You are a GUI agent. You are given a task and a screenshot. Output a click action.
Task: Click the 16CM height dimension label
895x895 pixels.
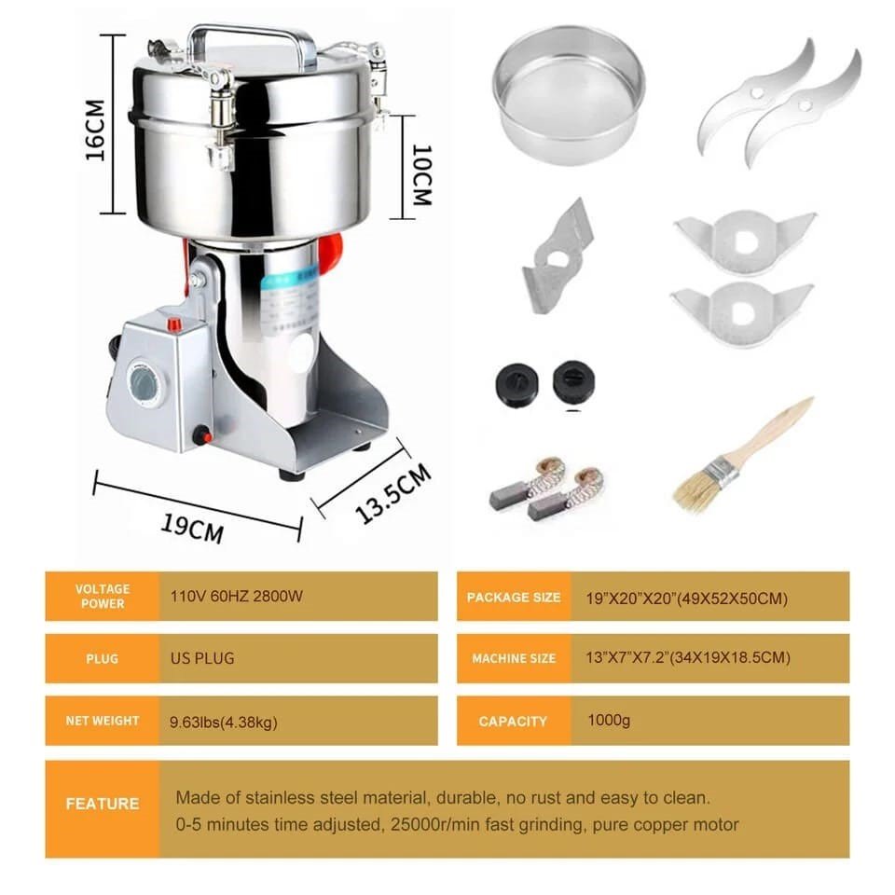pyautogui.click(x=95, y=131)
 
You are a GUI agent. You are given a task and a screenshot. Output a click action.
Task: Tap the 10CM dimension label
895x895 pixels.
pyautogui.click(x=421, y=174)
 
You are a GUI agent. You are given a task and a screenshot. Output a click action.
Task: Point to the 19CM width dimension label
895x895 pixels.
pyautogui.click(x=192, y=528)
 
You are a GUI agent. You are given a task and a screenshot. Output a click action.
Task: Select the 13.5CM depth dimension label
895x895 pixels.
pyautogui.click(x=393, y=493)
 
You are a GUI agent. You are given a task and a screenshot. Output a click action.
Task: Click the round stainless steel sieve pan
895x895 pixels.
pyautogui.click(x=569, y=95)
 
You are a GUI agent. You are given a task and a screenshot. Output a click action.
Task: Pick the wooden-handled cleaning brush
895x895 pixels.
pyautogui.click(x=743, y=456)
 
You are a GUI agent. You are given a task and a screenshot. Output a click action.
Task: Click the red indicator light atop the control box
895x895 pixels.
pyautogui.click(x=174, y=324)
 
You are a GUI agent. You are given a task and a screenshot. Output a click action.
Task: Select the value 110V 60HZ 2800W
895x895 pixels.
pyautogui.click(x=236, y=597)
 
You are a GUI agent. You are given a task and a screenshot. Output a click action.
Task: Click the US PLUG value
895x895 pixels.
pyautogui.click(x=202, y=658)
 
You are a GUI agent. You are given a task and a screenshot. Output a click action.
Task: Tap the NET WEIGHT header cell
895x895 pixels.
pyautogui.click(x=103, y=721)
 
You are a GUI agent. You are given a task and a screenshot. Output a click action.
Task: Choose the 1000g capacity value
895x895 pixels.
pyautogui.click(x=609, y=721)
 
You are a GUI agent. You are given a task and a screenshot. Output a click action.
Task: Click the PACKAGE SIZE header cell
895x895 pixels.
pyautogui.click(x=514, y=597)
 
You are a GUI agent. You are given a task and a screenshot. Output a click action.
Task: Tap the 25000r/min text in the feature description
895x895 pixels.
pyautogui.click(x=442, y=825)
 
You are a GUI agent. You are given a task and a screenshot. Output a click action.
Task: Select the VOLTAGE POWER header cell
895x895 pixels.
pyautogui.click(x=103, y=596)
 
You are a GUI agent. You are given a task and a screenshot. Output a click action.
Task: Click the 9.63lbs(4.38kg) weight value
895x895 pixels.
pyautogui.click(x=223, y=723)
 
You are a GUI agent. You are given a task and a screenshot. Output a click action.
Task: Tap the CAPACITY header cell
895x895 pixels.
pyautogui.click(x=514, y=721)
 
